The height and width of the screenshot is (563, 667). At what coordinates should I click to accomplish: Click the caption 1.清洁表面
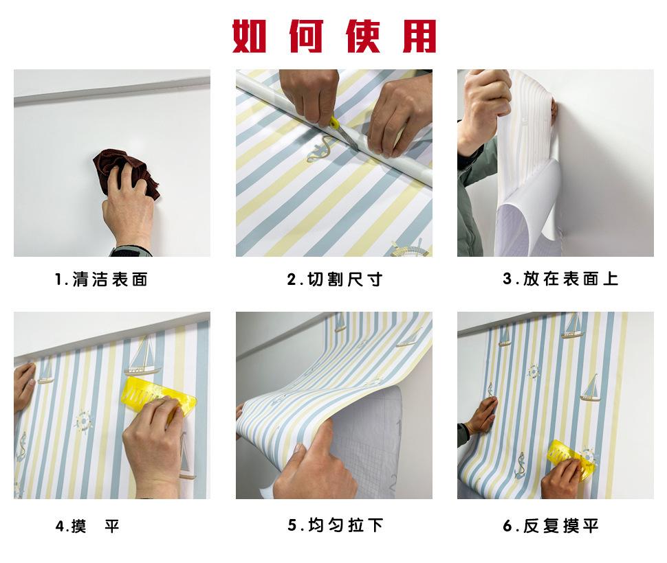(x=102, y=279)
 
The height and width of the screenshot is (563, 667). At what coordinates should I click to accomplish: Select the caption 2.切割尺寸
(x=334, y=279)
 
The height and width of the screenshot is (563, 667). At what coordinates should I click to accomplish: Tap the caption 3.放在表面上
(x=560, y=279)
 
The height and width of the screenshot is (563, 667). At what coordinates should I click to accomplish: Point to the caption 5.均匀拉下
(x=336, y=526)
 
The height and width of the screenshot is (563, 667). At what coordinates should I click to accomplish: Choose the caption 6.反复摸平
(x=551, y=526)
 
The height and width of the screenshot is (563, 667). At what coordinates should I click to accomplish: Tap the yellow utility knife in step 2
(x=341, y=130)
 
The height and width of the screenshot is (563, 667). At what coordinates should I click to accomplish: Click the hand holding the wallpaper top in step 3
(x=485, y=100)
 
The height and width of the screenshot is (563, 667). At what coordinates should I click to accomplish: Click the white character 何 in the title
(x=305, y=36)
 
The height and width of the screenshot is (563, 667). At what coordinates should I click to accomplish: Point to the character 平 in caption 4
(x=111, y=526)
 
